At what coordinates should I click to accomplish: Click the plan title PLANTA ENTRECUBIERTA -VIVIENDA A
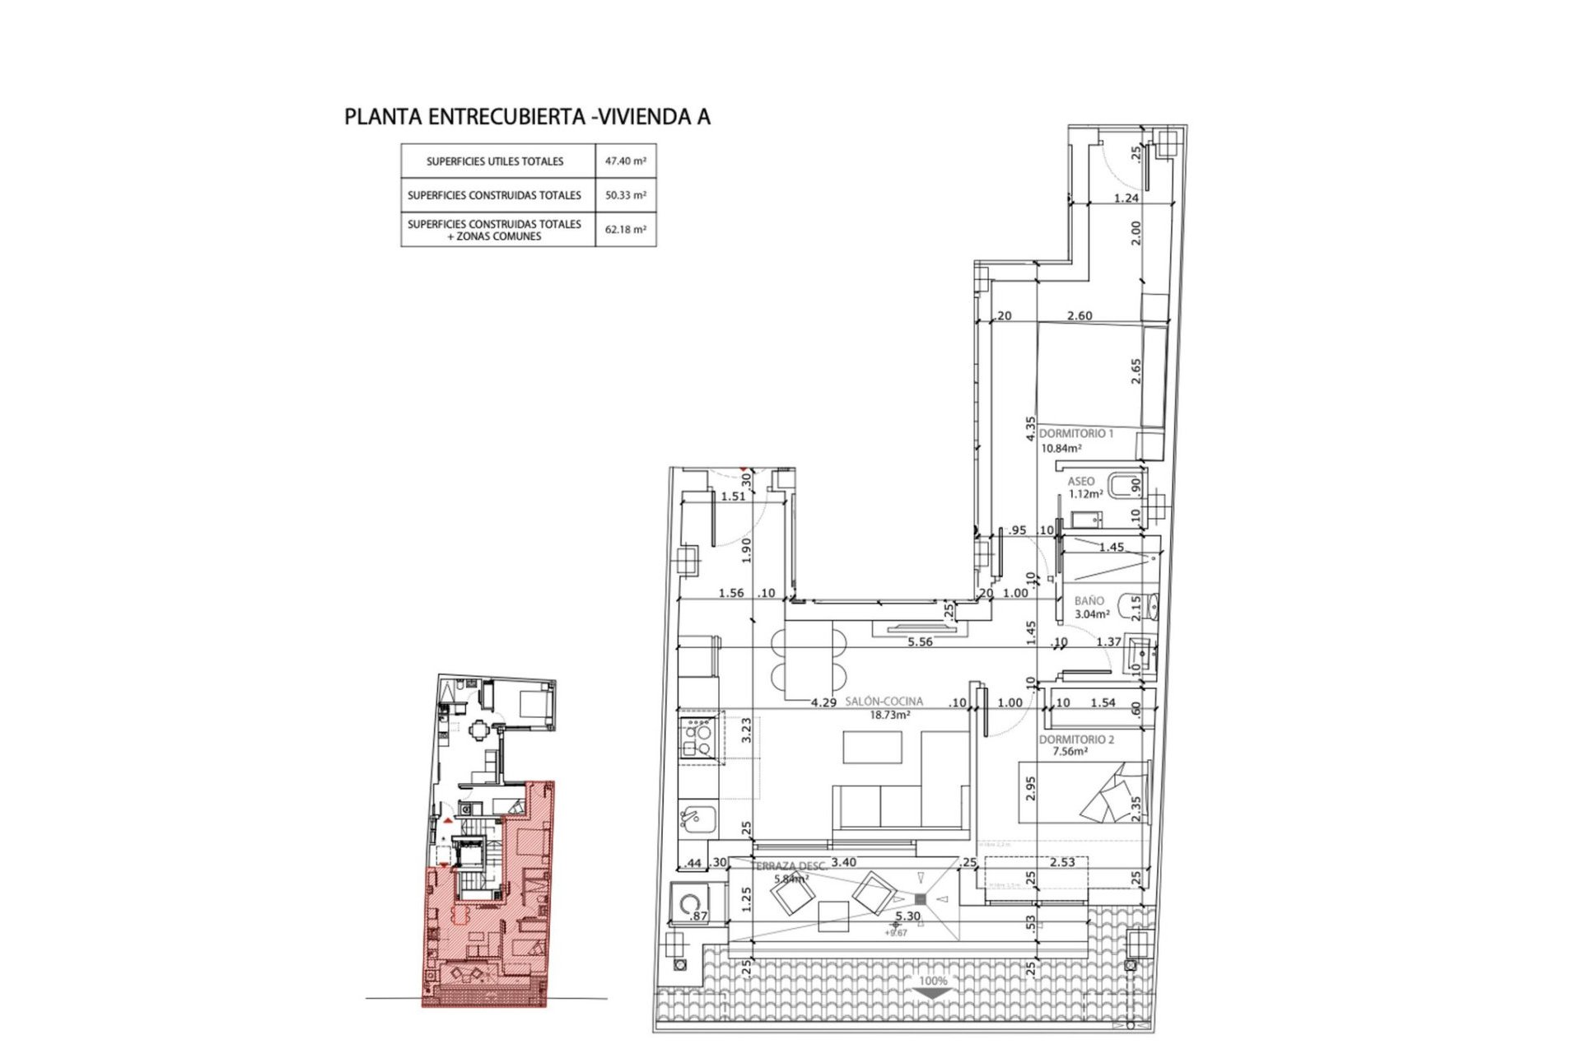click(527, 117)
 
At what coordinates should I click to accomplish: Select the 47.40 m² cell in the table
click(626, 161)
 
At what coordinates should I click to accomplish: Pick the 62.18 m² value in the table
click(626, 230)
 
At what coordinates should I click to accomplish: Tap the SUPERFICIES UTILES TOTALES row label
click(495, 161)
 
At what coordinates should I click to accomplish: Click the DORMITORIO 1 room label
click(1075, 433)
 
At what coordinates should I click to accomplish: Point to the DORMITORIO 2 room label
click(1075, 739)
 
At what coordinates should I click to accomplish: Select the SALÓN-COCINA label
click(884, 702)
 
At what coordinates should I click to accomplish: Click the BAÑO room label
click(1089, 601)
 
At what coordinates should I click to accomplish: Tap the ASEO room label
click(1081, 482)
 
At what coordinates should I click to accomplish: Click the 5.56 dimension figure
click(920, 642)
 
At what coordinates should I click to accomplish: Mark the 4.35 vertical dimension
click(1030, 429)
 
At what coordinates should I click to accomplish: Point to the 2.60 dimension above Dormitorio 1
click(1080, 315)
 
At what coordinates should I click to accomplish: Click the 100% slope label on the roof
click(933, 981)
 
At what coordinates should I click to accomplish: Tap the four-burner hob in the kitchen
click(697, 738)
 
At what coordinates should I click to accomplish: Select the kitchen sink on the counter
click(697, 818)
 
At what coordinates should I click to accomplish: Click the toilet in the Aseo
click(1121, 486)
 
